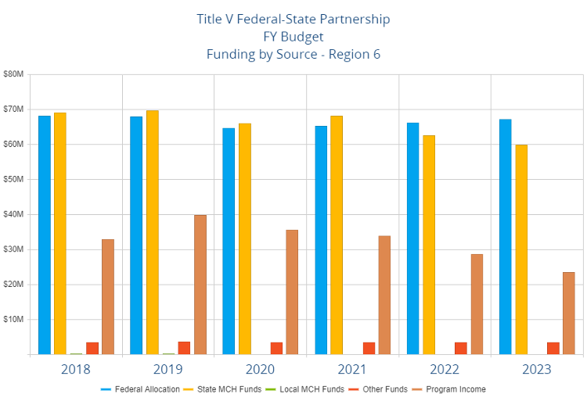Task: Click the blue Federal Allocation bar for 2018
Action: (x=45, y=235)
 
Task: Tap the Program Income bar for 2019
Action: (x=200, y=285)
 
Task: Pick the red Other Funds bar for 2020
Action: (x=276, y=348)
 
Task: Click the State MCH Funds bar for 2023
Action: (x=521, y=249)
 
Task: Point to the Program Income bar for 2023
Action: (x=569, y=313)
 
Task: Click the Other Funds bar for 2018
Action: (x=92, y=348)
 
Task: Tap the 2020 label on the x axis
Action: (x=261, y=369)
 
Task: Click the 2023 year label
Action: (x=537, y=369)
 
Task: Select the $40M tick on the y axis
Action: (x=15, y=214)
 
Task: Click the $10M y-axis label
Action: (x=15, y=320)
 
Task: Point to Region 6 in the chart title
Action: (x=351, y=54)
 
